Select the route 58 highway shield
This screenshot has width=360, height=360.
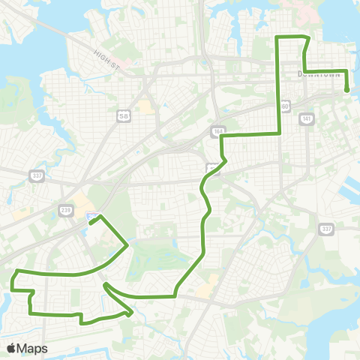point(123,115)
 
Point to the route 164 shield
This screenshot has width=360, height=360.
point(217,130)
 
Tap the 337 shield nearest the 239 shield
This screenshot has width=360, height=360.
point(36,175)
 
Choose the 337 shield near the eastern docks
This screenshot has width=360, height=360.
point(325,229)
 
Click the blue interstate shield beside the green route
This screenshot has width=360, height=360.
point(91,217)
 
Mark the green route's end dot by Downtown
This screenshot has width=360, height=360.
point(347,91)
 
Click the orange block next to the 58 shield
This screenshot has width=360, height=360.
point(144,107)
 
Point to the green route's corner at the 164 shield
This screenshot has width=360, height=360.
point(220,136)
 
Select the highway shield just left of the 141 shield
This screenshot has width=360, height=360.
point(285,106)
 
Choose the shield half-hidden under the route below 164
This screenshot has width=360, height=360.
point(214,166)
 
